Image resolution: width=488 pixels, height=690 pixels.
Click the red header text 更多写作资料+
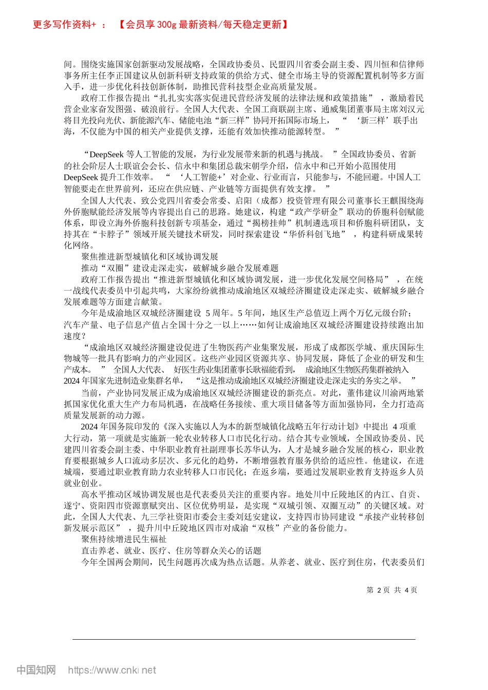point(65,25)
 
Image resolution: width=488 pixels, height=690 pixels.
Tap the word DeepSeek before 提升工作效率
point(81,177)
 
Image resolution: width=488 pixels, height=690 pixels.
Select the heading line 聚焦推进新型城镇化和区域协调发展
point(149,257)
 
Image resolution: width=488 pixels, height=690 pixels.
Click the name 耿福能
point(278,369)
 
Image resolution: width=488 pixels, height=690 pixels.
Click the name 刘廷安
point(248,517)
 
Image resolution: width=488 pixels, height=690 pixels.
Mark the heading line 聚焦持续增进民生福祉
point(124,539)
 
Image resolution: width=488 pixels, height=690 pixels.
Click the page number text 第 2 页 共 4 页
point(392,590)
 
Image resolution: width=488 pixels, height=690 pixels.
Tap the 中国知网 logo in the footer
point(36,670)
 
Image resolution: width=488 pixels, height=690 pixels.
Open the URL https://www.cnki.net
point(112,670)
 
